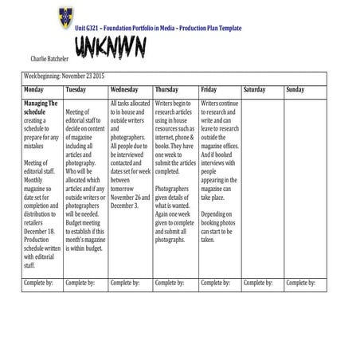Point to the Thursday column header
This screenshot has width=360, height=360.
[x=167, y=90]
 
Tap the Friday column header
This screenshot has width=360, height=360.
[x=209, y=90]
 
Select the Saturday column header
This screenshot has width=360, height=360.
[x=255, y=90]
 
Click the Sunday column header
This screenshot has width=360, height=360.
[x=295, y=90]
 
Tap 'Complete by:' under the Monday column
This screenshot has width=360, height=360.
[x=39, y=282]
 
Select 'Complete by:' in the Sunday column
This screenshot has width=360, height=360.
[x=300, y=282]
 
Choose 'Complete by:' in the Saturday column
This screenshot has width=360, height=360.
[x=258, y=282]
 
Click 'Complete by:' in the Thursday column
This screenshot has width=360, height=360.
[x=170, y=282]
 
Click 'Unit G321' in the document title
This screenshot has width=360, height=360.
[x=88, y=28]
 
